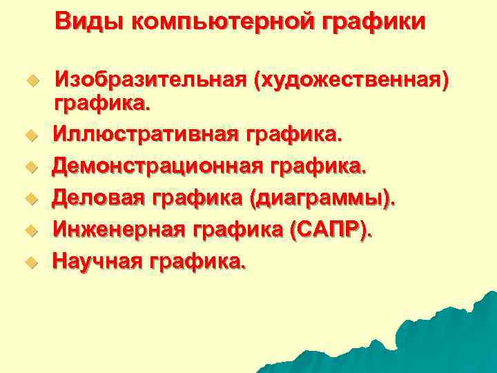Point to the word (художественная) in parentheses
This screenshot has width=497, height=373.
click(x=352, y=82)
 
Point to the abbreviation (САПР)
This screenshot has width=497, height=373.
click(x=332, y=229)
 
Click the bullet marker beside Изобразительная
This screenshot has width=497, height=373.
click(x=29, y=81)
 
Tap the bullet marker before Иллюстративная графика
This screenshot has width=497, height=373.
click(x=29, y=135)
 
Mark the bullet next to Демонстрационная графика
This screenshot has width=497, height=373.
click(x=29, y=166)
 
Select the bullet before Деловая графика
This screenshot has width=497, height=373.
click(x=29, y=199)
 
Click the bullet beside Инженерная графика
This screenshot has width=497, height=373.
click(x=29, y=231)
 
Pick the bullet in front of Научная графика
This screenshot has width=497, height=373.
click(x=29, y=262)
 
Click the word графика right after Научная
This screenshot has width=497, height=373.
click(x=199, y=262)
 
